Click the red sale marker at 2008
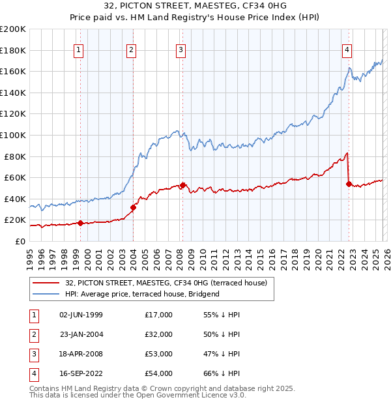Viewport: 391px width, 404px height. [x=183, y=185]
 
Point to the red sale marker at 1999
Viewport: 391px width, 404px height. [x=80, y=223]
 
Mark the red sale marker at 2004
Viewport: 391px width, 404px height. [x=133, y=207]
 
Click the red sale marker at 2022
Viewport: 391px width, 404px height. [x=349, y=184]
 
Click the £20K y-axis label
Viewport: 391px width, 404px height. [x=15, y=220]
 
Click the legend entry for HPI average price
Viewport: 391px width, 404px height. [x=142, y=294]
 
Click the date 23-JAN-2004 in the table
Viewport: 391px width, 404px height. [x=81, y=334]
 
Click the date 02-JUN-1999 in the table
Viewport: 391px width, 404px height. [x=81, y=315]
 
